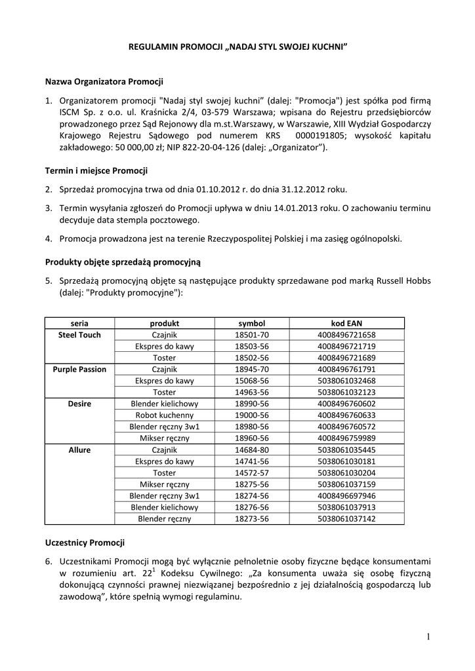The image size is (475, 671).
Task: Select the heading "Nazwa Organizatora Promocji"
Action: (x=104, y=82)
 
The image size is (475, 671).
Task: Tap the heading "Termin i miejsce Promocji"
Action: (x=96, y=171)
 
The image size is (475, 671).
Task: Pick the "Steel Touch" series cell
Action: (x=79, y=335)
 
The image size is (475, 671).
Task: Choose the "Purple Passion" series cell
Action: (x=79, y=370)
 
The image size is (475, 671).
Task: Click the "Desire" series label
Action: (x=79, y=404)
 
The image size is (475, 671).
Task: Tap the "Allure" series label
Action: (x=79, y=450)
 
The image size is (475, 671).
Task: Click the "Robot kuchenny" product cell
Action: (x=164, y=415)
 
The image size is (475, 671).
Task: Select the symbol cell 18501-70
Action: (x=252, y=335)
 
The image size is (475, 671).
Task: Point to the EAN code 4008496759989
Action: (x=346, y=438)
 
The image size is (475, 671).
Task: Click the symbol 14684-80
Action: (x=252, y=450)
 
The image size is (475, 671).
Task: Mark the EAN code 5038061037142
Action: (x=346, y=519)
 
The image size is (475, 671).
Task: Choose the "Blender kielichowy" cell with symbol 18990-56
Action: (x=164, y=404)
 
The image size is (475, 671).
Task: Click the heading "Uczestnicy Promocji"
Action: (x=85, y=543)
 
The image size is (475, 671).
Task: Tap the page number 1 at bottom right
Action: (x=428, y=637)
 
